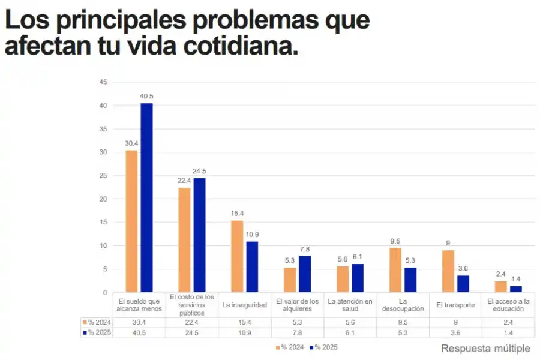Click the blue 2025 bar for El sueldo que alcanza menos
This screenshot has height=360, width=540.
click(146, 198)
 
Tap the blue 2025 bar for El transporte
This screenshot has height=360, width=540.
click(463, 284)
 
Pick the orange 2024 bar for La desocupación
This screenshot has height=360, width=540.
click(395, 270)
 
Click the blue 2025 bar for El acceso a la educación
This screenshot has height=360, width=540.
click(515, 289)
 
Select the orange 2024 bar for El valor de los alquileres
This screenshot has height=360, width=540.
click(290, 280)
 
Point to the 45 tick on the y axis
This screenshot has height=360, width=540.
click(103, 82)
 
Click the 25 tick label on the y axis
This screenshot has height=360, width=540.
click(103, 176)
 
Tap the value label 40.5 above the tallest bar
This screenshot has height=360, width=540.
click(146, 96)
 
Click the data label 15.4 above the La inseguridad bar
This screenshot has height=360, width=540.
click(237, 213)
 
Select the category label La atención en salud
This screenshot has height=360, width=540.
click(350, 305)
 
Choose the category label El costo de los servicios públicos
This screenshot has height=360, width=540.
click(192, 305)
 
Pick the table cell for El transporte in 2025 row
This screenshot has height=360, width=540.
click(456, 332)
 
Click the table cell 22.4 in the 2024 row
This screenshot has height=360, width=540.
click(192, 322)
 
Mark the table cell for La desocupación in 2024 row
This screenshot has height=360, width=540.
click(403, 322)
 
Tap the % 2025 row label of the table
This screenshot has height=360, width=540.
click(97, 332)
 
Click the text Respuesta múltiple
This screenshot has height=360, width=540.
click(485, 348)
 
